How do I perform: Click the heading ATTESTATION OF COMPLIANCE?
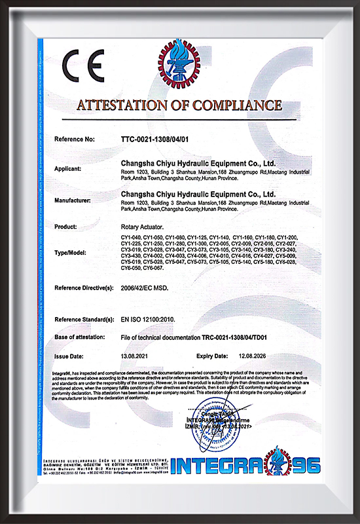pyautogui.click(x=179, y=105)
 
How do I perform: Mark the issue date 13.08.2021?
pyautogui.click(x=135, y=356)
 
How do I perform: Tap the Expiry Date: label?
pyautogui.click(x=213, y=356)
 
